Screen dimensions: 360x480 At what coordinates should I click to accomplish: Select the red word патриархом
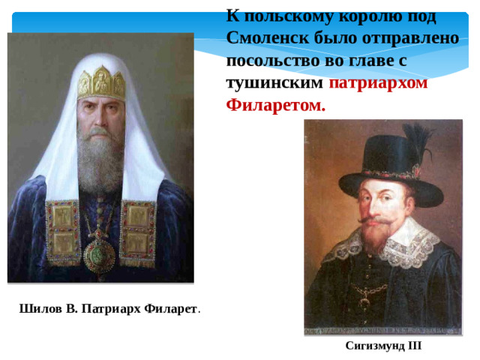[x=378, y=82]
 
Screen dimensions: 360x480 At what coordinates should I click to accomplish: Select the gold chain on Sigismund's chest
[x=371, y=289]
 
